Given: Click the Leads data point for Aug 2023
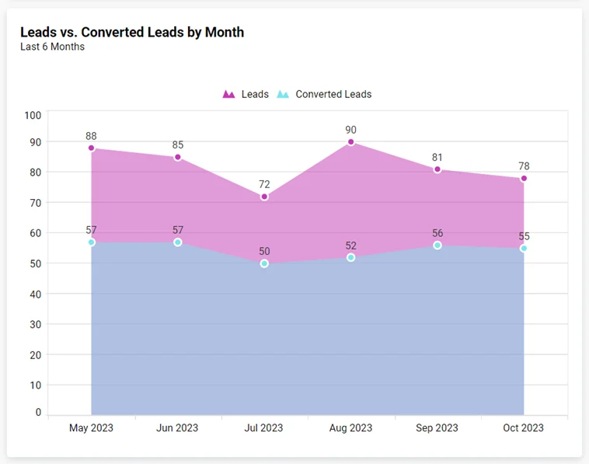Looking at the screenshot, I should [351, 142].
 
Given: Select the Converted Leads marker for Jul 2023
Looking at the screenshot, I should [264, 263].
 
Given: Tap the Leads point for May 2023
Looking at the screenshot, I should [91, 148].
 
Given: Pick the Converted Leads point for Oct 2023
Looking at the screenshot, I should [524, 249].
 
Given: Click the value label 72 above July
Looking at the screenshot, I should [264, 184].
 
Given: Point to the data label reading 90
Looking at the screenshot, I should [351, 130].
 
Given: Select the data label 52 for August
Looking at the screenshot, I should [351, 246].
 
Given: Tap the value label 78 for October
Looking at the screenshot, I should [524, 166].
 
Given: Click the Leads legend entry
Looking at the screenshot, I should [246, 94].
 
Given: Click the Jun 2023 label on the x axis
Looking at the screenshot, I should [177, 428].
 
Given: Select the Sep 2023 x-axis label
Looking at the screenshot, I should [437, 428].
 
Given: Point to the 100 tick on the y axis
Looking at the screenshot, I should [33, 115].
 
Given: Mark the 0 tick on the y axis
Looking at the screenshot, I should [37, 413].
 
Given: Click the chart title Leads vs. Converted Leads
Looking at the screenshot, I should [132, 32].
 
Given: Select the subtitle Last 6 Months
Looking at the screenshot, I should [52, 47].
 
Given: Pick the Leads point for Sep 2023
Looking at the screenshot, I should [437, 169].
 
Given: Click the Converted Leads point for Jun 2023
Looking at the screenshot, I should [178, 242].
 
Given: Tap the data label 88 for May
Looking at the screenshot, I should [91, 136].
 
